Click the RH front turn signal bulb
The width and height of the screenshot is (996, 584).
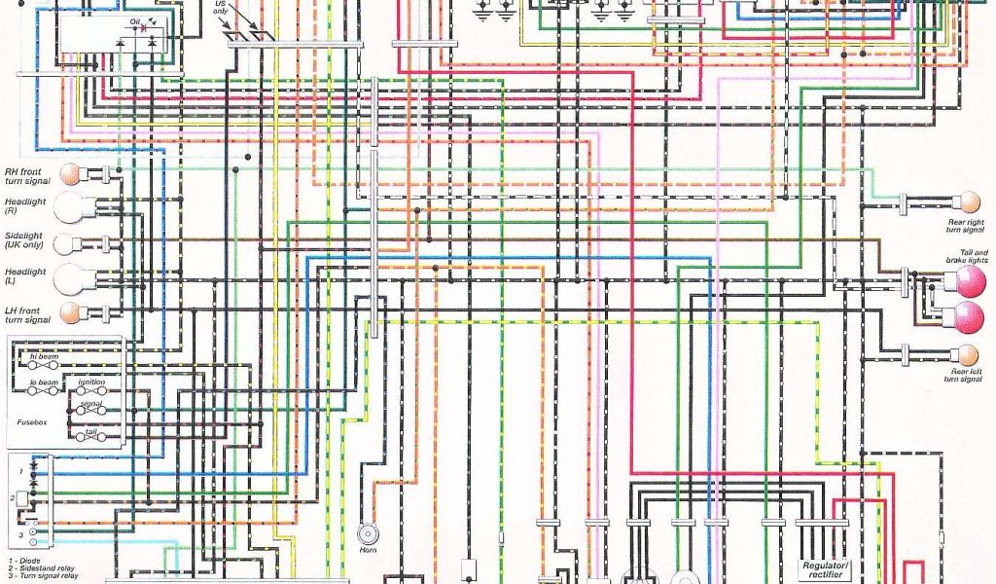[x=70, y=174]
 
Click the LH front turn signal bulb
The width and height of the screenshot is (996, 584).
[x=70, y=313]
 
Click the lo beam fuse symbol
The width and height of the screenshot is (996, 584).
[x=44, y=390]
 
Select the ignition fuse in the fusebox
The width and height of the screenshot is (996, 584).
[x=92, y=390]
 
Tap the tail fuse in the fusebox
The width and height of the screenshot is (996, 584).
[x=92, y=439]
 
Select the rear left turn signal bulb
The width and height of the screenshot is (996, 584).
[x=968, y=354]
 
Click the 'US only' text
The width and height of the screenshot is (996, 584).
[x=223, y=9]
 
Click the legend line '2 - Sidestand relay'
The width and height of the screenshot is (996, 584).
[x=44, y=568]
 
